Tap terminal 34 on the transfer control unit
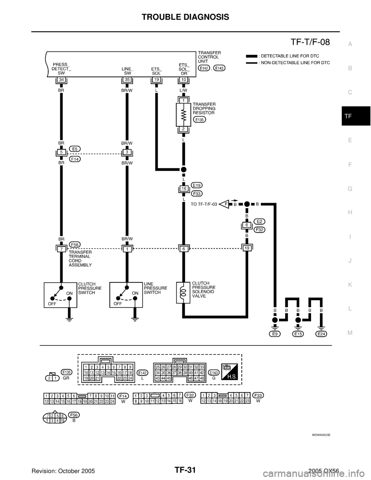coord(61,80)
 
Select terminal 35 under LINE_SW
coord(127,80)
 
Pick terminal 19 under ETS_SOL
coord(157,80)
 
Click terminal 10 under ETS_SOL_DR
coord(184,80)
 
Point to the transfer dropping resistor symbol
coord(184,114)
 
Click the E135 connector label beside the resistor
coord(199,120)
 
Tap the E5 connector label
coord(75,148)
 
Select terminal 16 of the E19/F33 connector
coord(184,189)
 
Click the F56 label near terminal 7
coord(75,244)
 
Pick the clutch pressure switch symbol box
coord(60,295)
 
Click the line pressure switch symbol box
coord(126,295)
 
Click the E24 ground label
coord(321,334)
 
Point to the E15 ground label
coord(298,334)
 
